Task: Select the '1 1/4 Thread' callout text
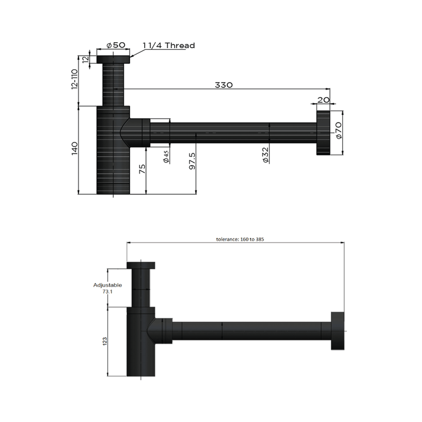coord(169,45)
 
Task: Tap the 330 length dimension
coord(223,84)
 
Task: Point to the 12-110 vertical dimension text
coord(74,79)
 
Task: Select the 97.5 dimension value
coord(192,160)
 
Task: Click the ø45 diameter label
coord(166,156)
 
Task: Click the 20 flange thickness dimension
coord(323,100)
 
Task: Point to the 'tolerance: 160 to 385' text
coord(240,239)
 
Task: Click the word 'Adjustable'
coord(108,285)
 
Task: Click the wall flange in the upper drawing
coord(323,134)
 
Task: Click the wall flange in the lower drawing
coord(338,331)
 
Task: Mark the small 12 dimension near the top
coord(86,59)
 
